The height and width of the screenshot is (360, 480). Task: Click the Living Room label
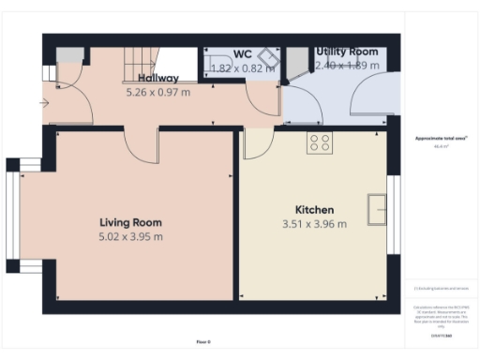(x=130, y=222)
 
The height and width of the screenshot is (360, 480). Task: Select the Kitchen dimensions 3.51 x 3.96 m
(x=314, y=224)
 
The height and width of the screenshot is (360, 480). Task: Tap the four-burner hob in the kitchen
(x=319, y=142)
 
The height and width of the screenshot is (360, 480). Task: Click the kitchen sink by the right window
(x=378, y=209)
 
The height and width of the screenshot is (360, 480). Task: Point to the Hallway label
(x=158, y=78)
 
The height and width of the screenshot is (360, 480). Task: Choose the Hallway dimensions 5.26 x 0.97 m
(x=158, y=93)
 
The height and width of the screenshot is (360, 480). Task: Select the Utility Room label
(x=347, y=52)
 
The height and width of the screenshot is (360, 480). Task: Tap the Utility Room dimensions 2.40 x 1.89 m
(x=347, y=66)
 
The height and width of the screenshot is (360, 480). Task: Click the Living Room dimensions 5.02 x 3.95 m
(x=130, y=236)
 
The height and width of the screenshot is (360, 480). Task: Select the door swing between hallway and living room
(x=142, y=145)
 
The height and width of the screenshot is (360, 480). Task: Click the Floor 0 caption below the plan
(x=203, y=342)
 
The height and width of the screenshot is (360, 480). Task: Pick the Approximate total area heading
(x=441, y=139)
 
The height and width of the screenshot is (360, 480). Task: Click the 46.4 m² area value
(x=440, y=146)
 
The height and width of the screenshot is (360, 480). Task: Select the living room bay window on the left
(x=15, y=216)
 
